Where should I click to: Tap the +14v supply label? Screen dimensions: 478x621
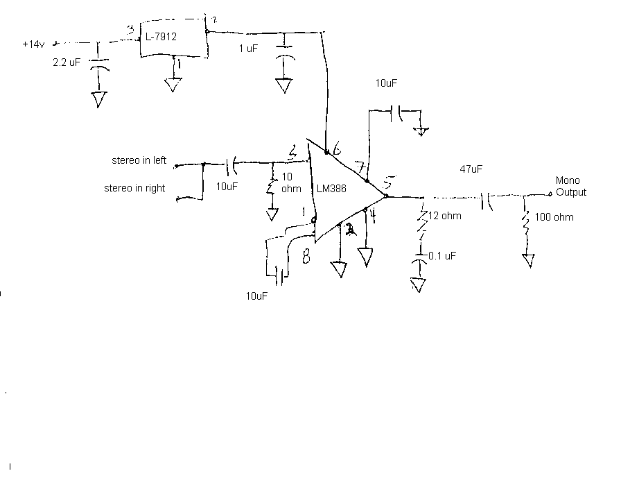[x=34, y=44]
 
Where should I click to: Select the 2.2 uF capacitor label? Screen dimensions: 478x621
[x=67, y=62]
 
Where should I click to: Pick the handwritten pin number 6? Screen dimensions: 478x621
[x=337, y=147]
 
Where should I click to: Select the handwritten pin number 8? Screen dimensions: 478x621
[x=306, y=257]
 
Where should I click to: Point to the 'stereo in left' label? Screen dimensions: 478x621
[x=139, y=161]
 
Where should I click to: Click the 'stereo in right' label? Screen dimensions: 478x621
[x=134, y=188]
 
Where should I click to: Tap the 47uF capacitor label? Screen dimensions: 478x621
[x=471, y=169]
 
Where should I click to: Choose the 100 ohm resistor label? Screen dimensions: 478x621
[x=554, y=217]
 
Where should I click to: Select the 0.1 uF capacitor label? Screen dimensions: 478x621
[x=441, y=256]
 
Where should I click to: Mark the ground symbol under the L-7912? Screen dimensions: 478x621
[x=172, y=85]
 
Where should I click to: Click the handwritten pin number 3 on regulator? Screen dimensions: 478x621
[x=130, y=30]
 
